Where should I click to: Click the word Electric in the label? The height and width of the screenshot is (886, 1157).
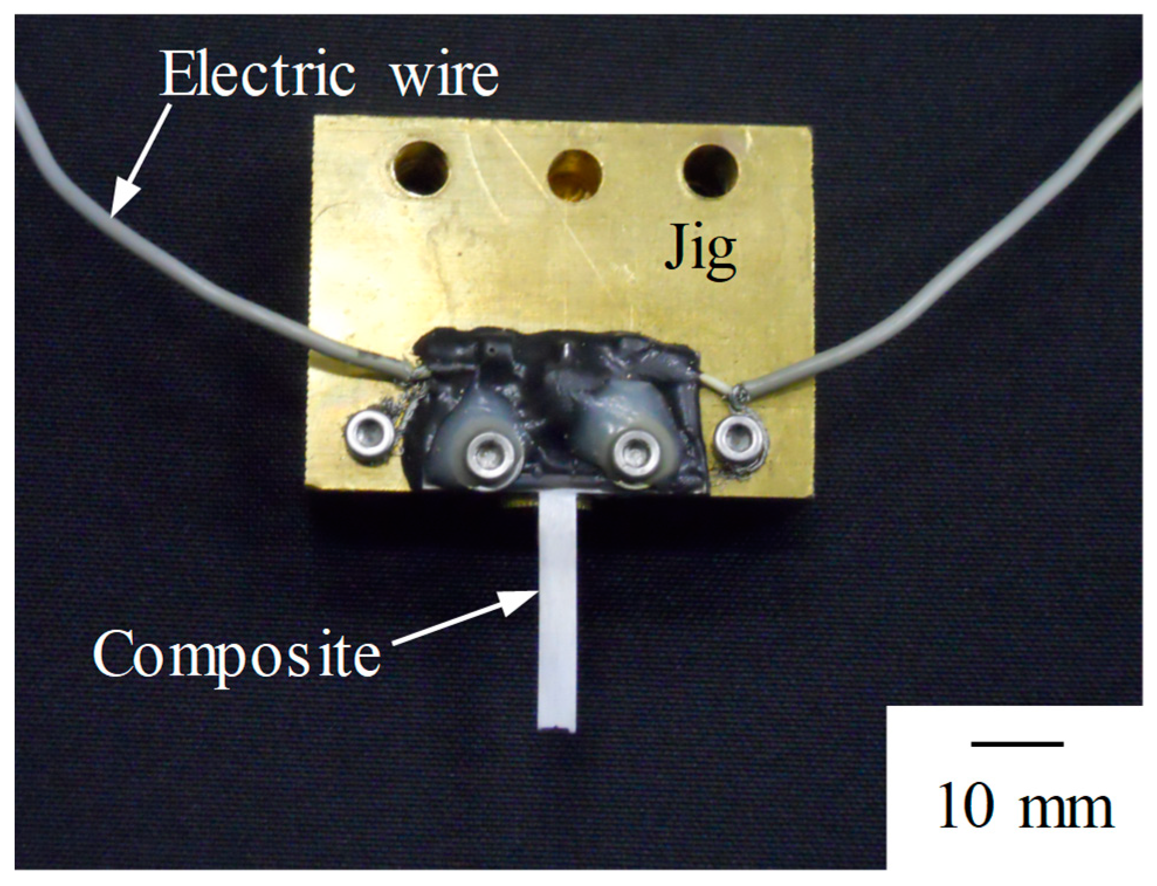[x=257, y=75]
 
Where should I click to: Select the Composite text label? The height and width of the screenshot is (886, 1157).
[x=237, y=655]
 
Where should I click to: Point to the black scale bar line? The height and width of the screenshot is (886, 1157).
[x=1017, y=744]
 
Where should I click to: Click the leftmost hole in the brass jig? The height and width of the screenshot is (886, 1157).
[x=421, y=168]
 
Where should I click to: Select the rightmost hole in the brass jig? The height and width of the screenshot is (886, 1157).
[x=710, y=171]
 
